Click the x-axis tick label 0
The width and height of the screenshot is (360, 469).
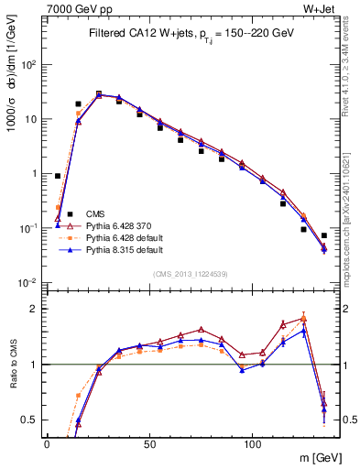coord(47,443)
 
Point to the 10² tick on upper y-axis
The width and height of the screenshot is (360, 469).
coord(28,65)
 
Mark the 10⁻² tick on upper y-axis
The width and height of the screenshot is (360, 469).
coord(28,281)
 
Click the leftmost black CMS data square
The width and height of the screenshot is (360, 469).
coord(58,176)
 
